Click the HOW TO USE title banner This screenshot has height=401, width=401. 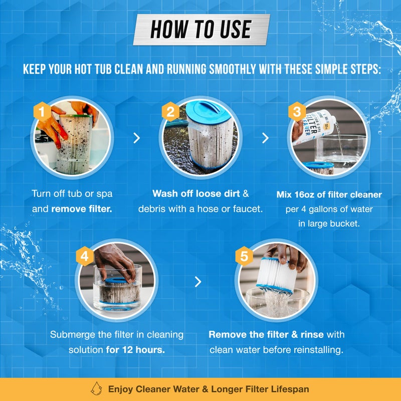point(200,30)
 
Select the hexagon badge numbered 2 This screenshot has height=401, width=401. point(170,112)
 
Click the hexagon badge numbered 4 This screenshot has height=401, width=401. point(85,256)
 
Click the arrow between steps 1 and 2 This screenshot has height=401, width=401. point(136,138)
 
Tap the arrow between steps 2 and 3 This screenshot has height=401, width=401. point(266,138)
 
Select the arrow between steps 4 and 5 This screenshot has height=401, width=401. point(198,282)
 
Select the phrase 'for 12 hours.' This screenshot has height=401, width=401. point(135,349)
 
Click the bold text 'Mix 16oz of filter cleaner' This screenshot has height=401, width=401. point(329,194)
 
